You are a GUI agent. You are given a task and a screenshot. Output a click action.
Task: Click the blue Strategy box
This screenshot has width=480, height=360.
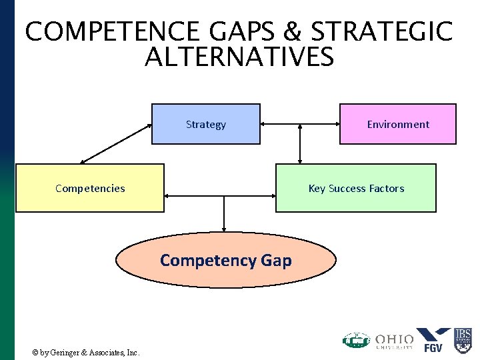click(205, 124)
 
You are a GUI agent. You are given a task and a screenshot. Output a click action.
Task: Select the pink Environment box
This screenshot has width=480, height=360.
click(398, 124)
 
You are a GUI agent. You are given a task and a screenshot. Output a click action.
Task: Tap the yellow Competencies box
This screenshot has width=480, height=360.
click(89, 188)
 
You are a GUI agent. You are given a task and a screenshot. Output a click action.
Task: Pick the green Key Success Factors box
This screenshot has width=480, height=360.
click(356, 188)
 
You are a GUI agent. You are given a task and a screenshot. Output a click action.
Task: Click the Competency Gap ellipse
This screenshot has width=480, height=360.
click(226, 260)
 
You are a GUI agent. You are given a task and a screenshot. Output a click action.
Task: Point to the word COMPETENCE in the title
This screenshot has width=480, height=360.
click(110, 32)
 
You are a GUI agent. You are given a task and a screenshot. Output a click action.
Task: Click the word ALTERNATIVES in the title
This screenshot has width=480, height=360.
click(239, 58)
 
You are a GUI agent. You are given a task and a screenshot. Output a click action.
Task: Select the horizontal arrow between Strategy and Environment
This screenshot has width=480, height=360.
click(300, 123)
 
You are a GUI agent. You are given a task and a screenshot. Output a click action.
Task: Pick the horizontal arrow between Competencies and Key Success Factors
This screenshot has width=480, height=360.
click(220, 196)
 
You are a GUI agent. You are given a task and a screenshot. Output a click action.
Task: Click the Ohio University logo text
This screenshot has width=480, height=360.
click(394, 341)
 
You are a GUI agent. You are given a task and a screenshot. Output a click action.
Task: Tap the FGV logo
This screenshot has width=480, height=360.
click(433, 339)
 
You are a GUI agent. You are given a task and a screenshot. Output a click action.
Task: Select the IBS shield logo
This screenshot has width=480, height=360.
click(463, 339)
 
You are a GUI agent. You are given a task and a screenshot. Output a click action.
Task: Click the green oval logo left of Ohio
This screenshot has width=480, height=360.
click(357, 341)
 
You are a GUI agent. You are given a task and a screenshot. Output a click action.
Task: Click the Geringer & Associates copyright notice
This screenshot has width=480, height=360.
click(86, 352)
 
